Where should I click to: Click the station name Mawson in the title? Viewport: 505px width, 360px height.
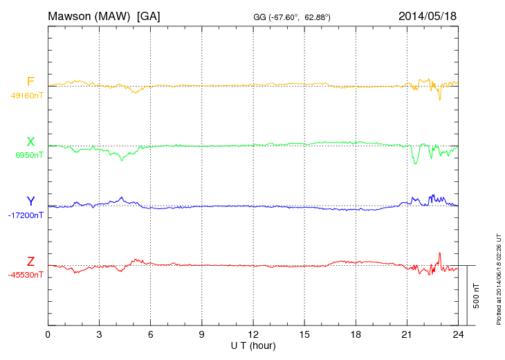click(71, 16)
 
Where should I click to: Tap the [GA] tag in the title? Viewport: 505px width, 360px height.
click(149, 16)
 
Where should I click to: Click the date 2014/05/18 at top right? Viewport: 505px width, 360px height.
click(427, 16)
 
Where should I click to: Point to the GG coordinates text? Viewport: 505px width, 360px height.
click(291, 17)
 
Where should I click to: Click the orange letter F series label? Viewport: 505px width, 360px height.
click(30, 82)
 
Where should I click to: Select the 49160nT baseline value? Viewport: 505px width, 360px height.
click(26, 96)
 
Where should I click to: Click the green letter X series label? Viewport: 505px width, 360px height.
click(30, 142)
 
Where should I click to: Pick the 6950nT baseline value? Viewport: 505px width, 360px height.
click(29, 155)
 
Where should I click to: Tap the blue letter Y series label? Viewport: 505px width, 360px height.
click(30, 201)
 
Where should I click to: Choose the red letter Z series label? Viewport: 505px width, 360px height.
click(30, 261)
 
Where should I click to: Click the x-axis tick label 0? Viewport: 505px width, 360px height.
click(48, 335)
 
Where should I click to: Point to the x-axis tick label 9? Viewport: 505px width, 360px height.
click(202, 335)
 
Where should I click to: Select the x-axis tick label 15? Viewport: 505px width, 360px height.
click(304, 335)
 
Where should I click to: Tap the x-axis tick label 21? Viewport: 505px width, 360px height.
click(407, 335)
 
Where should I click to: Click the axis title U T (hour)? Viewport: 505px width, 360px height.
click(253, 345)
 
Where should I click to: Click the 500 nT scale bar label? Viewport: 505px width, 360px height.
click(477, 295)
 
